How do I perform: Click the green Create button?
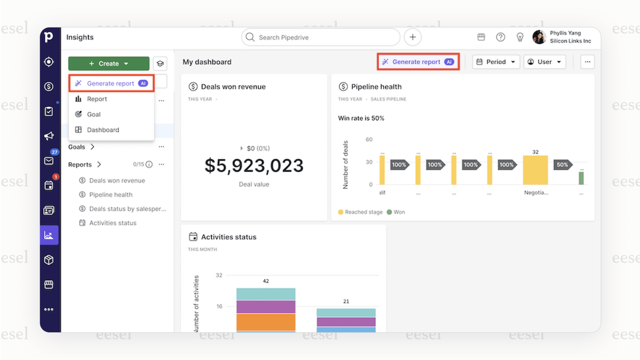coord(109,64)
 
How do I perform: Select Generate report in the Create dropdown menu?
coord(111,83)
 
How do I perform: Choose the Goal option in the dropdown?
coord(94,114)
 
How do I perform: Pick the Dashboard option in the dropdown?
coord(103,130)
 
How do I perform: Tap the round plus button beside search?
coord(413,37)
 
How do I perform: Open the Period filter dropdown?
coord(496,62)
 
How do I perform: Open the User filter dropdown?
coord(544,62)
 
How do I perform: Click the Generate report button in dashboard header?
coord(418,62)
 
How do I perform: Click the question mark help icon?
coord(501,37)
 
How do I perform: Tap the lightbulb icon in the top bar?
coord(520,37)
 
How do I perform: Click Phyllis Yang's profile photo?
coord(539,37)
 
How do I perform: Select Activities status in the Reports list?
coord(113,223)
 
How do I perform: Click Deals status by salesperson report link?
coord(127,209)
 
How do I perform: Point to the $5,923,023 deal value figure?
coord(254,166)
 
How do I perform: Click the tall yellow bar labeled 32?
coord(535,170)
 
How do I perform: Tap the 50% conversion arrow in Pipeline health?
coord(562,165)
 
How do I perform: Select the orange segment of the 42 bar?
coord(266,322)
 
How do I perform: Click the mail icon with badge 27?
coord(49,161)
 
